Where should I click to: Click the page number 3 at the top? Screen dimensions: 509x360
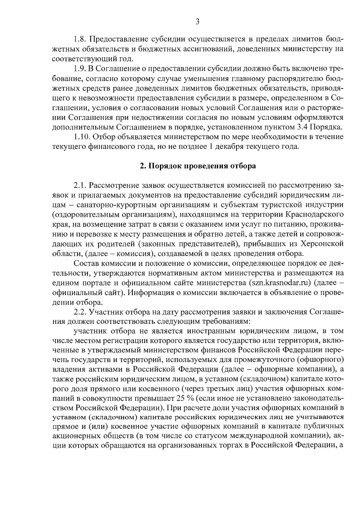point(197,21)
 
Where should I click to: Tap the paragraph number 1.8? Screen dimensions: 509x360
point(80,39)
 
